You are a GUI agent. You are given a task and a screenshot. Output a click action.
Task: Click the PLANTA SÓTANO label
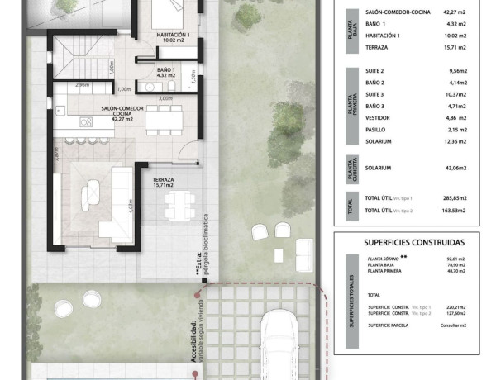click(x=383, y=259)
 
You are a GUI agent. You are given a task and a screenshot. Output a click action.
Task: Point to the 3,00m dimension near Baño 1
click(x=165, y=98)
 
